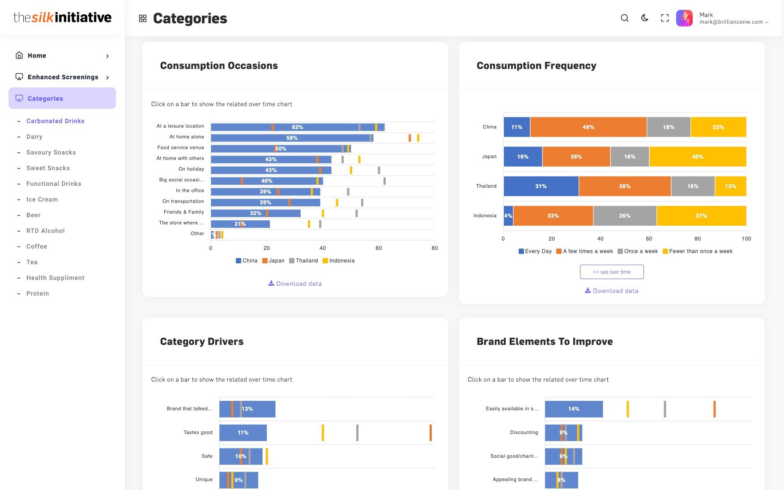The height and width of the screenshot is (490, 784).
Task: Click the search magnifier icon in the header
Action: [625, 18]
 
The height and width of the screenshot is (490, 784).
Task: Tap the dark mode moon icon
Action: [645, 18]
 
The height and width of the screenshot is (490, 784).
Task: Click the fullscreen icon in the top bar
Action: [665, 18]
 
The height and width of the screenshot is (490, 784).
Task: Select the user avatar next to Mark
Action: [684, 18]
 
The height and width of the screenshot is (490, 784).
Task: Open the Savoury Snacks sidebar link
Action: [51, 152]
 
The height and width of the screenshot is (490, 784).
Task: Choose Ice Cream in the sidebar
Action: [42, 199]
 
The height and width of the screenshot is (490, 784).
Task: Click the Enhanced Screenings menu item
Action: [63, 77]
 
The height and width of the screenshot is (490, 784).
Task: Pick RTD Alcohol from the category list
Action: [46, 231]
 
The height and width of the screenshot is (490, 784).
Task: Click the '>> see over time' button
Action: [612, 272]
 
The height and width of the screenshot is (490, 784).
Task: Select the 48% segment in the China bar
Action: [588, 127]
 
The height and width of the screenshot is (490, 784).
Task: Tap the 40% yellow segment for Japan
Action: [698, 157]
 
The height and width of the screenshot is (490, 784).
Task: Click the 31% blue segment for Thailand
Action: [541, 186]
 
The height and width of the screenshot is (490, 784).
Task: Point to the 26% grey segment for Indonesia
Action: [625, 216]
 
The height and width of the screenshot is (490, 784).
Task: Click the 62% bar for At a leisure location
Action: [298, 127]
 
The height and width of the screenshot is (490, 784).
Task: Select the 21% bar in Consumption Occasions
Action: [240, 224]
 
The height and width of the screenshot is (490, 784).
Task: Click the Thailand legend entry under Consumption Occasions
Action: [303, 261]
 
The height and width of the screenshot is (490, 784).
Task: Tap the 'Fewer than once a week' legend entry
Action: [698, 251]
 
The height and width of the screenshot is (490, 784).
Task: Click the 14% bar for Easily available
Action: [574, 409]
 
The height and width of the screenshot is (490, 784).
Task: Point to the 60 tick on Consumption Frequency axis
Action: [649, 239]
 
